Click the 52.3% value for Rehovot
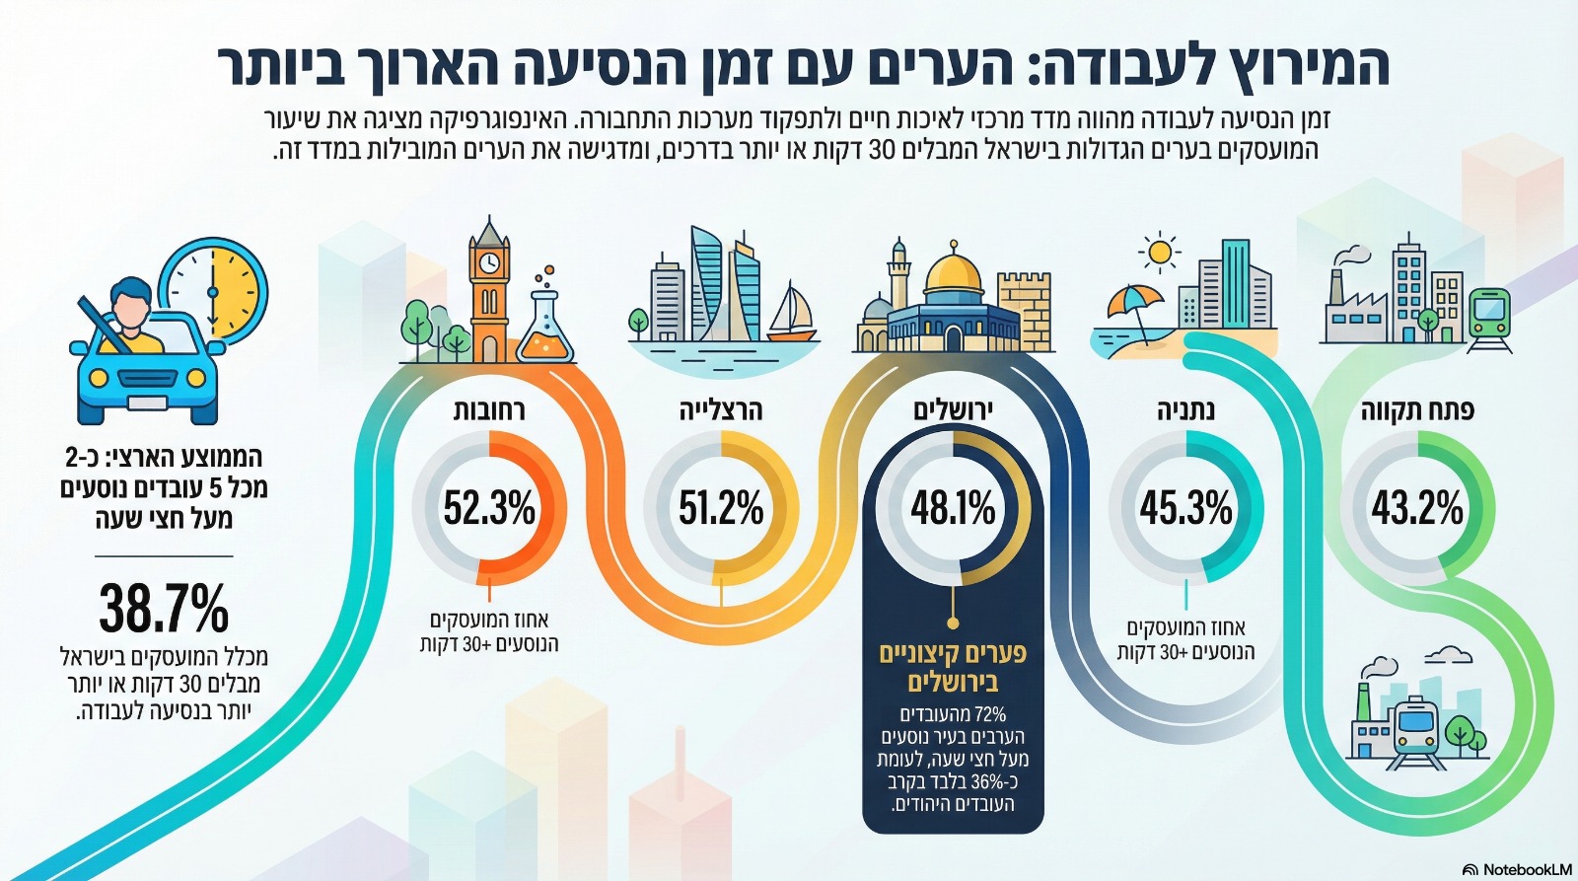[489, 508]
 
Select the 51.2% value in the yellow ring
[721, 508]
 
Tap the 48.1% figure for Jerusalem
[953, 508]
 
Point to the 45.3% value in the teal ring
[1185, 508]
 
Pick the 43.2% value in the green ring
[1417, 508]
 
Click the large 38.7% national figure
[164, 608]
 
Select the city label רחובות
[489, 410]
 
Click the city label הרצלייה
[721, 410]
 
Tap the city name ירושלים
[953, 410]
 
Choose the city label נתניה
[1185, 410]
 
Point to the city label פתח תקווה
[1417, 410]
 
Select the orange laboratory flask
[545, 326]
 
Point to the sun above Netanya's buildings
[1159, 253]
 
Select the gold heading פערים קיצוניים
[953, 653]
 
